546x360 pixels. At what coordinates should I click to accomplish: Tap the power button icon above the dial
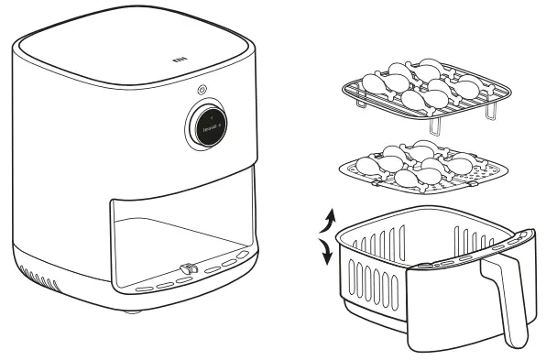click(201, 90)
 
